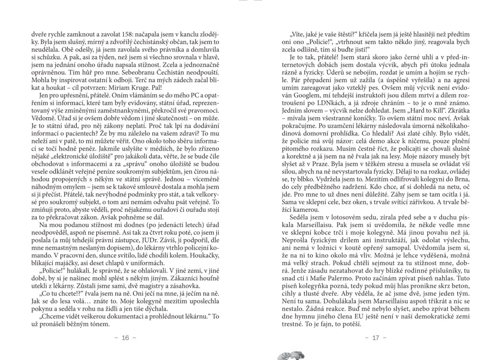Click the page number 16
(x=125, y=338)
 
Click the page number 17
(x=376, y=338)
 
